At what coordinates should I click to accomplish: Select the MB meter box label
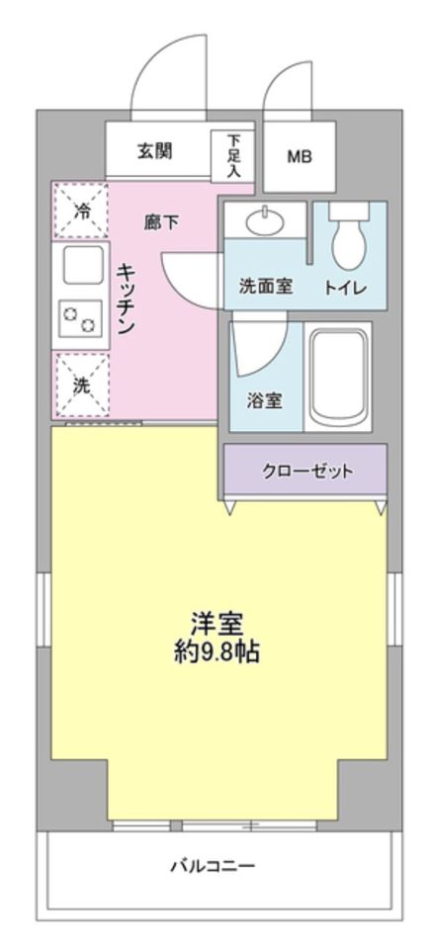coord(299,156)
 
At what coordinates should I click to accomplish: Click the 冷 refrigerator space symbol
coord(83,210)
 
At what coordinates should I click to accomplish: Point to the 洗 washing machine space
coord(82,386)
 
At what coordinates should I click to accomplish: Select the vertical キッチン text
coord(127,300)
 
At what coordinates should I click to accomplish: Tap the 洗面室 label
coord(266,288)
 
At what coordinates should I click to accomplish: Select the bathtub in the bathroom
coord(338,377)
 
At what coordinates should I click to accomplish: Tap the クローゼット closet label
coord(306,470)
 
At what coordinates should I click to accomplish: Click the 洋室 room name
coord(216,624)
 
